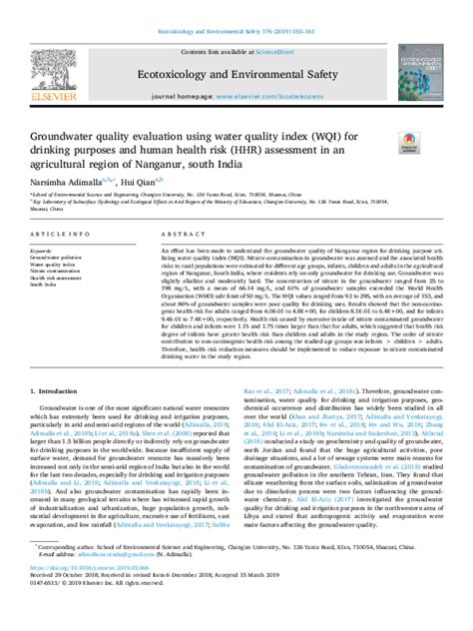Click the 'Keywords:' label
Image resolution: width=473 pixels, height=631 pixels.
coord(42,250)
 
